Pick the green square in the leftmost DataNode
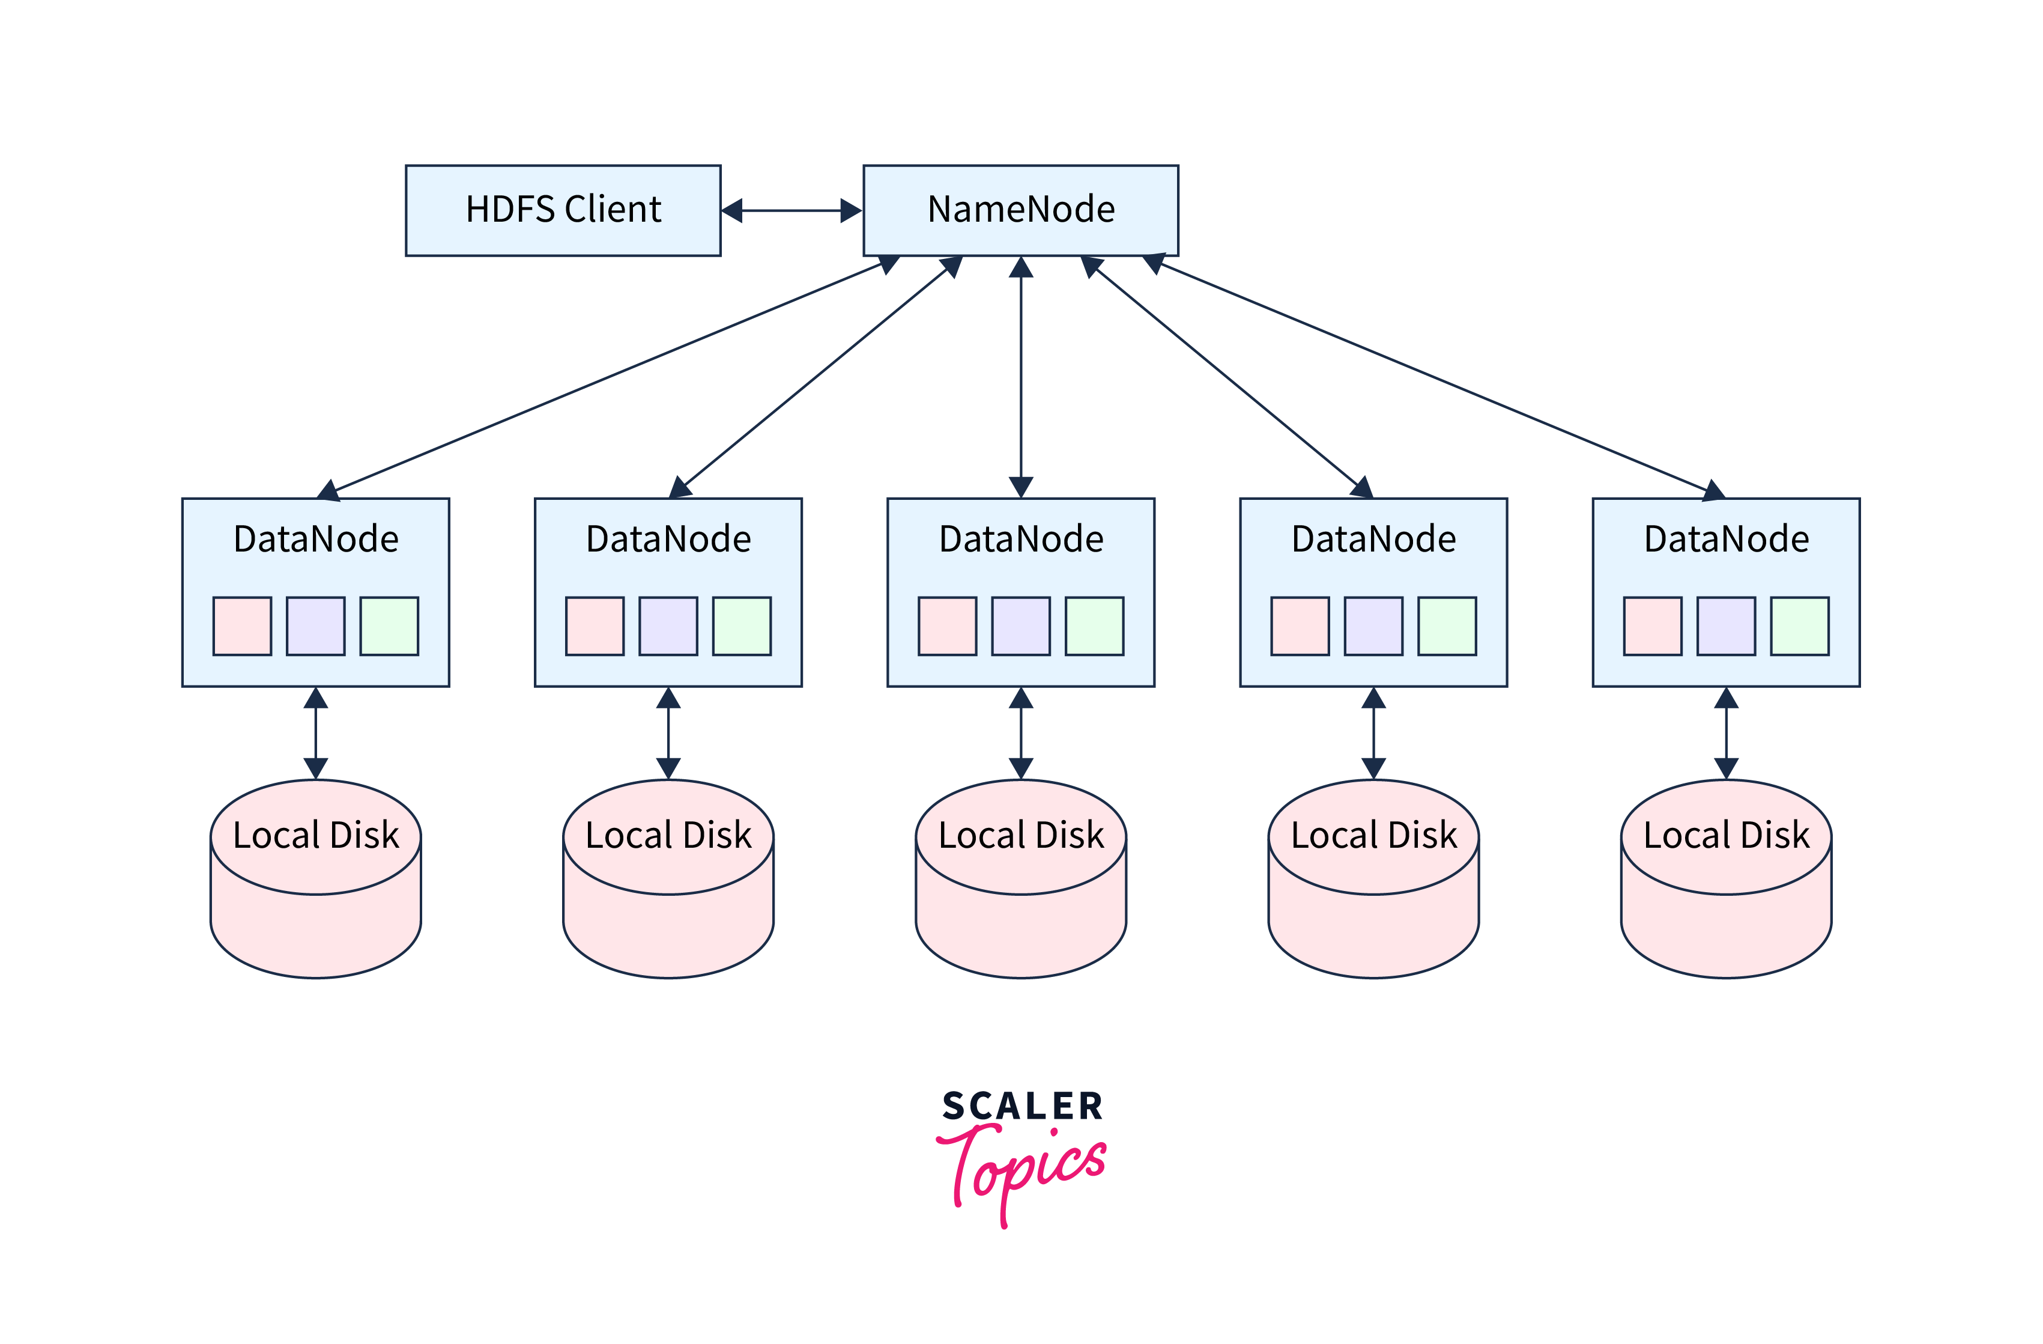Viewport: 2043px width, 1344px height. [389, 626]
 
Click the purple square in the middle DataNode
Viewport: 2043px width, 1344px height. [1021, 626]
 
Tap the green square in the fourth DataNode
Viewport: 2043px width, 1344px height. [1447, 626]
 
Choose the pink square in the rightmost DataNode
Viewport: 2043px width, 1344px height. [1653, 626]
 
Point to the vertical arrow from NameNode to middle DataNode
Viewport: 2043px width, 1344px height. [1021, 378]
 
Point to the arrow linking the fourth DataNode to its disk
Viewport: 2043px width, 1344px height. [1373, 732]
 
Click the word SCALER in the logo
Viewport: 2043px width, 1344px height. [1022, 1106]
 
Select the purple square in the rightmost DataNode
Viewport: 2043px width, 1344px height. [1727, 626]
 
